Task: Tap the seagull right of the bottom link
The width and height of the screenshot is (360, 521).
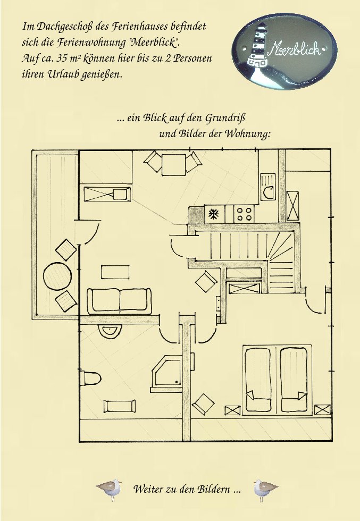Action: click(x=264, y=489)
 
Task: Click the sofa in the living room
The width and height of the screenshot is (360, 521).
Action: click(x=120, y=300)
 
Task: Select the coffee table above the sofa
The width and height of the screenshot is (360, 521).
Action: click(x=115, y=272)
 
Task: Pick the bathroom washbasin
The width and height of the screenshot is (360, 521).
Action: click(x=110, y=330)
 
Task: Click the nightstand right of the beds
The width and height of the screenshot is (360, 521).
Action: click(x=322, y=410)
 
